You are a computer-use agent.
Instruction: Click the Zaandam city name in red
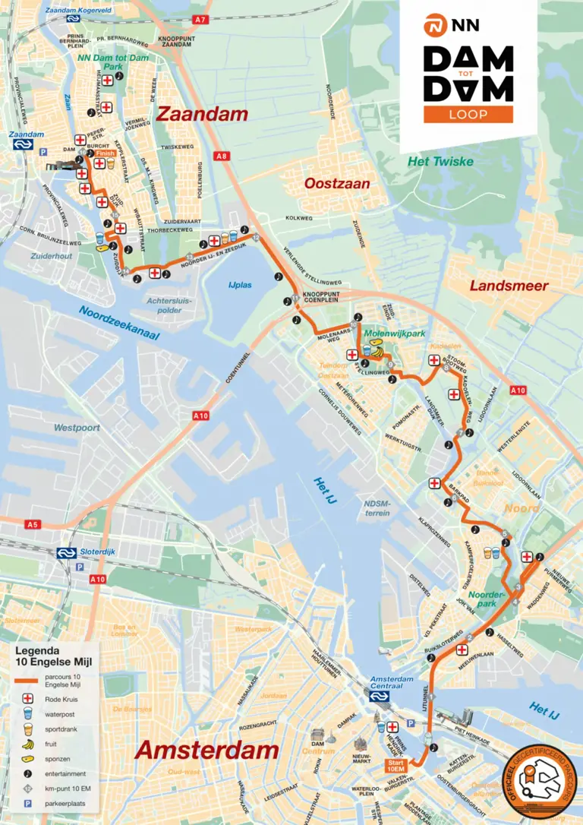(202, 114)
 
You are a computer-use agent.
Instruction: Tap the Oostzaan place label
(337, 184)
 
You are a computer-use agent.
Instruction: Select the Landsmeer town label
(509, 286)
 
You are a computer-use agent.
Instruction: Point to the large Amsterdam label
(206, 751)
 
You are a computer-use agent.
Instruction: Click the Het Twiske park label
(440, 161)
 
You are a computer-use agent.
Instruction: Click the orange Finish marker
(106, 153)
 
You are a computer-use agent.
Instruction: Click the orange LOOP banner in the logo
(468, 114)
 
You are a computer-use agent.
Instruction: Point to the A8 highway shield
(221, 156)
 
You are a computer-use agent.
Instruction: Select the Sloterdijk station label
(96, 552)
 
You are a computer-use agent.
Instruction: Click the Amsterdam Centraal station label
(392, 679)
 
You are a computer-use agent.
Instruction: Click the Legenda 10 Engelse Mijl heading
(47, 656)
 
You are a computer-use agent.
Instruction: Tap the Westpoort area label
(77, 428)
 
